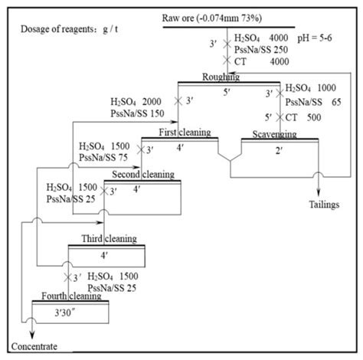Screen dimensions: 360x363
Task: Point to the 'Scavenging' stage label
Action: click(x=273, y=134)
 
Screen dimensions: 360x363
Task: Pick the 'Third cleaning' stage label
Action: click(x=103, y=238)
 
